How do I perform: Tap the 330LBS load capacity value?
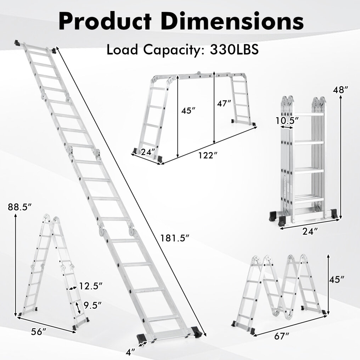coord(234,50)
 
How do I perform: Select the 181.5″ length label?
coord(175,238)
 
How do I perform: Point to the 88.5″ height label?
coord(19,207)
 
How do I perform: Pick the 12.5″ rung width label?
coord(91,286)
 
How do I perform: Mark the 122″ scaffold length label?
coord(208,156)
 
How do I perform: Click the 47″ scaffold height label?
coord(224,103)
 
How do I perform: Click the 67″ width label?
coord(282,337)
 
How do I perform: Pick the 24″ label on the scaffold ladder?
coord(148,152)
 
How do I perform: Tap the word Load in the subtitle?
coord(122,50)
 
